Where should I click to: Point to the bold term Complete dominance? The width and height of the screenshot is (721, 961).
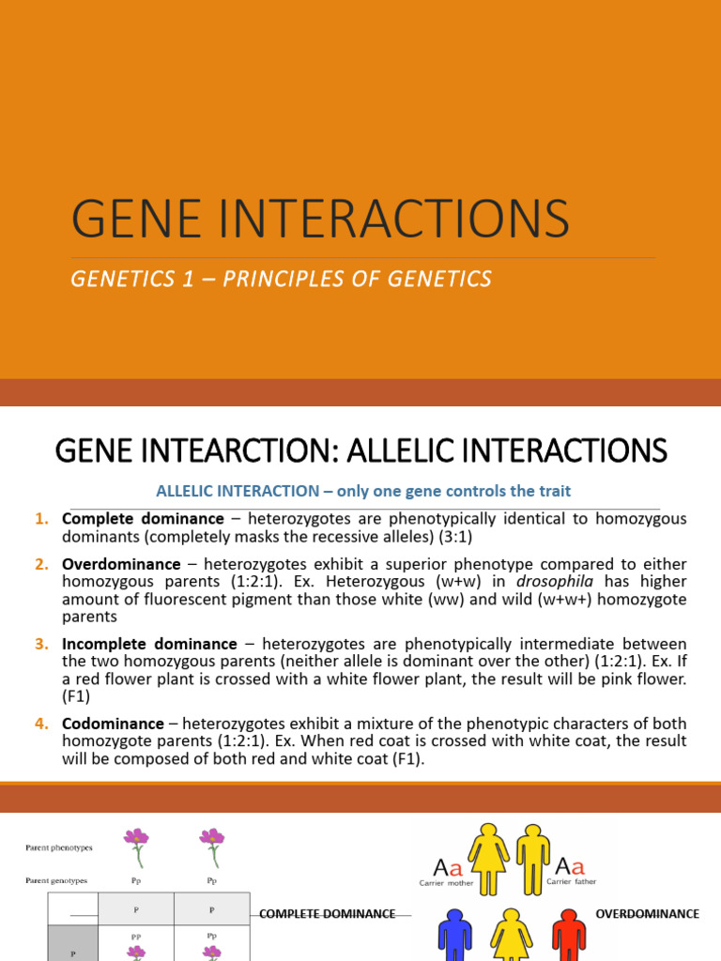click(x=143, y=519)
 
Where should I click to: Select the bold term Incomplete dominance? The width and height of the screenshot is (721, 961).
click(x=149, y=644)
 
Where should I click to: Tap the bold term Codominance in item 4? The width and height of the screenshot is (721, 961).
click(x=113, y=724)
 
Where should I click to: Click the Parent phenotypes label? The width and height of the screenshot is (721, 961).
click(x=58, y=848)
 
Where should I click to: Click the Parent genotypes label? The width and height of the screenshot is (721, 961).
click(x=57, y=881)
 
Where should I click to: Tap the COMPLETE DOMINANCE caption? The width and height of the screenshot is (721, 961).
click(x=327, y=913)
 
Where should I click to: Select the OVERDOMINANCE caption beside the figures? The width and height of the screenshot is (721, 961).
click(x=648, y=913)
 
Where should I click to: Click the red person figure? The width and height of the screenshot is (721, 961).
click(x=569, y=933)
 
